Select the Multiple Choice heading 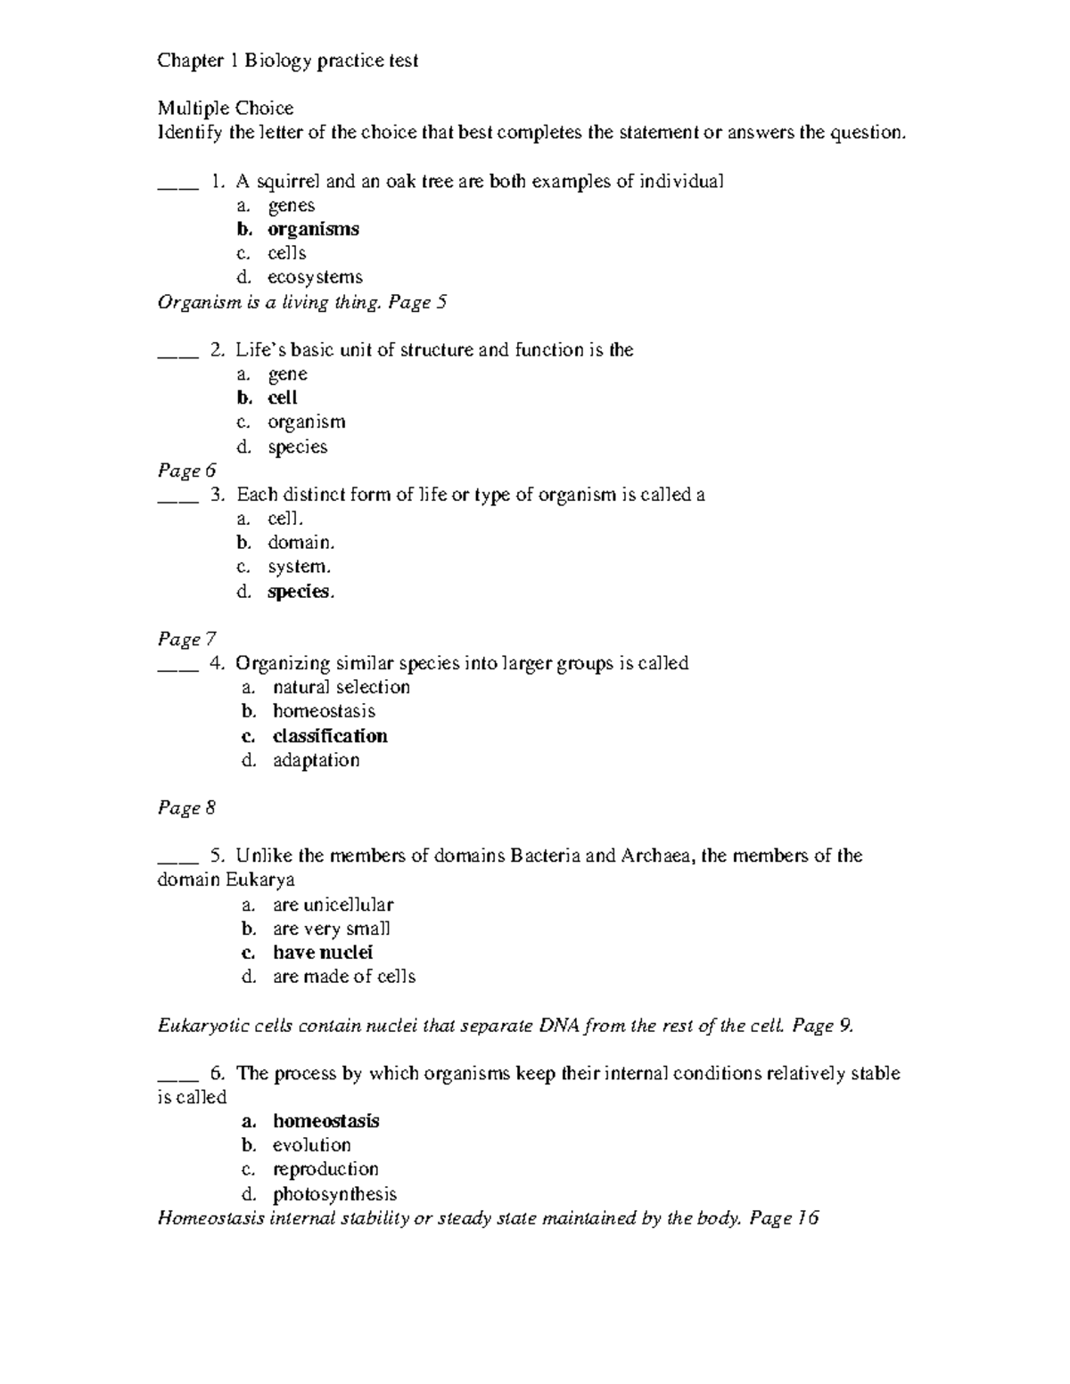pyautogui.click(x=226, y=109)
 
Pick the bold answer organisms pyautogui.click(x=313, y=229)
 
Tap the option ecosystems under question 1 pyautogui.click(x=315, y=277)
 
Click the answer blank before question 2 pyautogui.click(x=176, y=351)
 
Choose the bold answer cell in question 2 pyautogui.click(x=283, y=398)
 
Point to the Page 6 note pyautogui.click(x=186, y=471)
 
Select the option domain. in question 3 pyautogui.click(x=301, y=543)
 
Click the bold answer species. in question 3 pyautogui.click(x=300, y=592)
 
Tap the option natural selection pyautogui.click(x=342, y=687)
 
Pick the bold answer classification pyautogui.click(x=330, y=736)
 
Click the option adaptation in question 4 pyautogui.click(x=317, y=760)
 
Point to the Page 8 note pyautogui.click(x=186, y=808)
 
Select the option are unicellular pyautogui.click(x=333, y=905)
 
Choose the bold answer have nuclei pyautogui.click(x=323, y=953)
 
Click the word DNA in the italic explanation pyautogui.click(x=558, y=1026)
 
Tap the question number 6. pyautogui.click(x=218, y=1074)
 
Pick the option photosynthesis pyautogui.click(x=334, y=1194)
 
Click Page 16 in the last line pyautogui.click(x=784, y=1218)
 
